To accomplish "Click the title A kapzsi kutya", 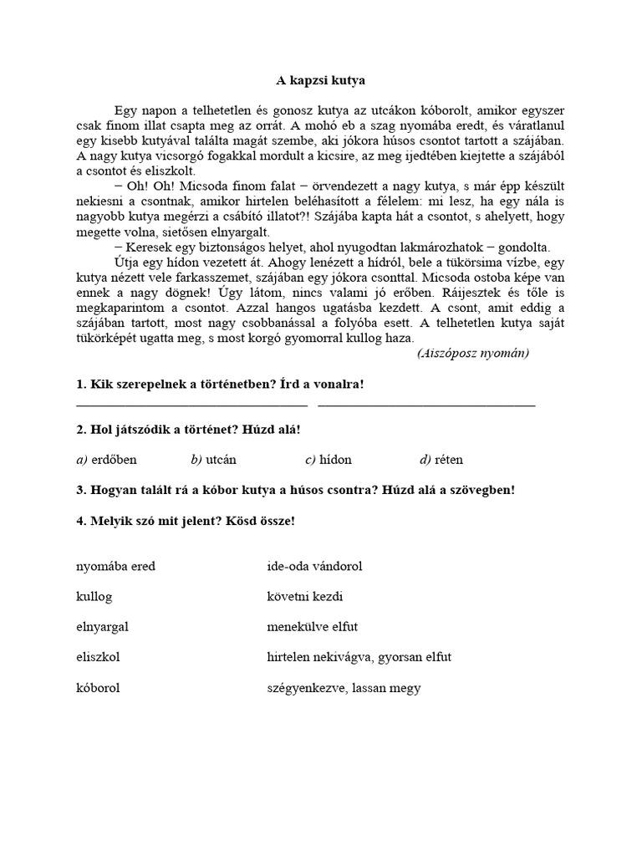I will pos(321,81).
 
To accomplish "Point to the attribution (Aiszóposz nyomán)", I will pos(473,353).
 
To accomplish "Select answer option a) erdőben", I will pos(106,459).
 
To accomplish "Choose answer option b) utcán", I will pos(219,459).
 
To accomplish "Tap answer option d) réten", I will pos(441,459).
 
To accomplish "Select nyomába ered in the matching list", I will pos(115,566).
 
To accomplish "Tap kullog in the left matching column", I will pos(94,597).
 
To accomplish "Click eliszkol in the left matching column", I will pos(98,657).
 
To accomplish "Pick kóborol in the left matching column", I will pos(98,688).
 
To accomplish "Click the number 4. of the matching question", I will pos(80,520).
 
